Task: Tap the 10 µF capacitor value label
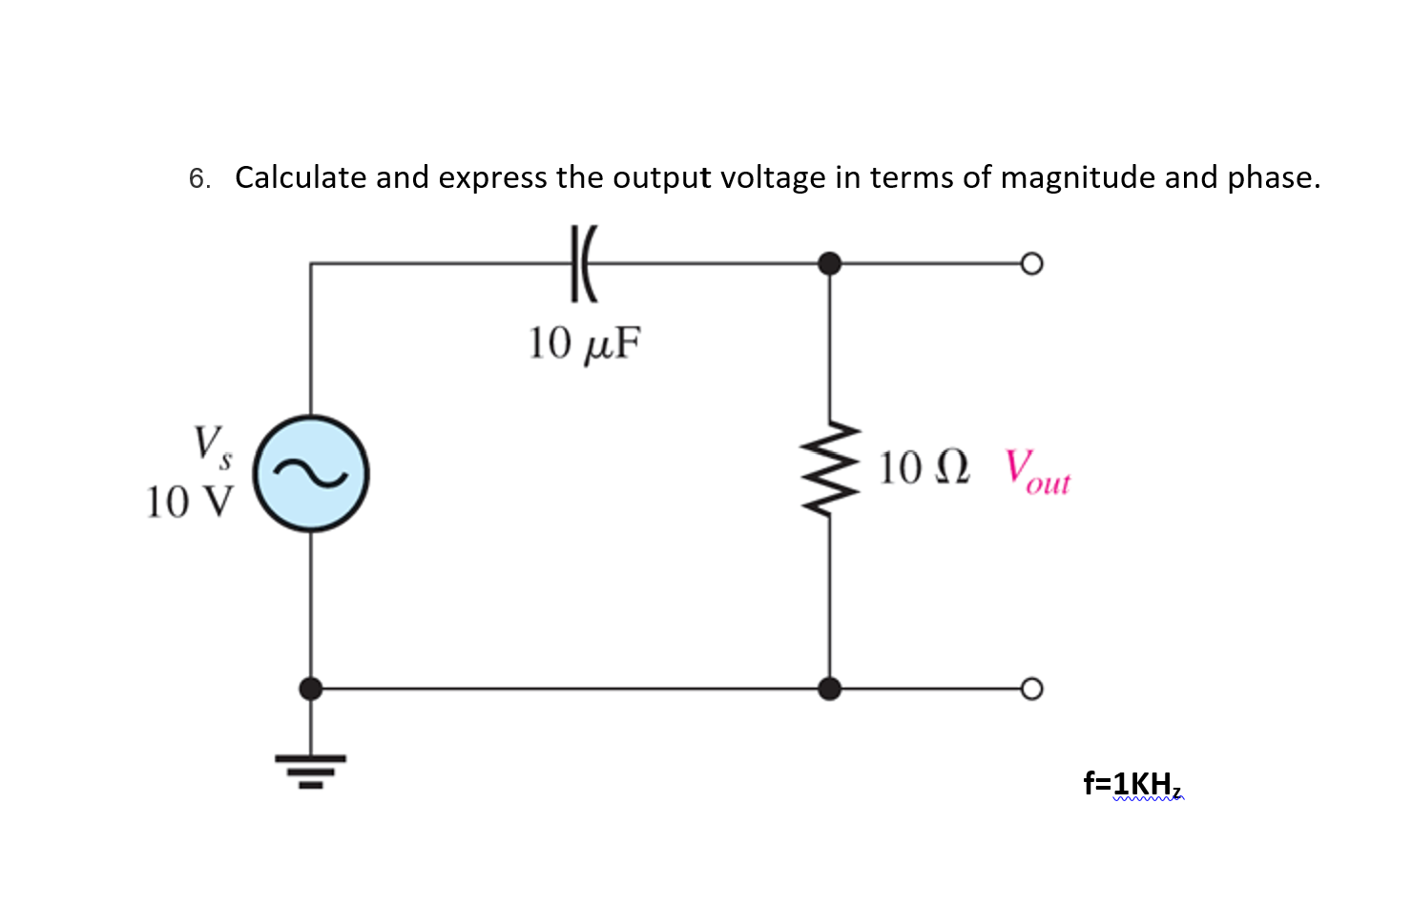tap(584, 343)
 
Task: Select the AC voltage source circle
tap(311, 474)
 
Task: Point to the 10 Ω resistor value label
tap(924, 468)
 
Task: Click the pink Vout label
tap(1037, 472)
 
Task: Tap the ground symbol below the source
tap(311, 770)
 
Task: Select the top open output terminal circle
tap(1031, 263)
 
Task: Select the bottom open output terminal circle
tap(1031, 689)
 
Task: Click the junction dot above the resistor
tap(830, 263)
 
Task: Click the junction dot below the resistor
tap(830, 689)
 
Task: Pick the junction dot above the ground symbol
tap(311, 689)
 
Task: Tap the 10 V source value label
tap(189, 503)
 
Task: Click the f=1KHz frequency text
tap(1132, 784)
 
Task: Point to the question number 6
tap(198, 178)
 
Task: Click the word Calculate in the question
tap(301, 177)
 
